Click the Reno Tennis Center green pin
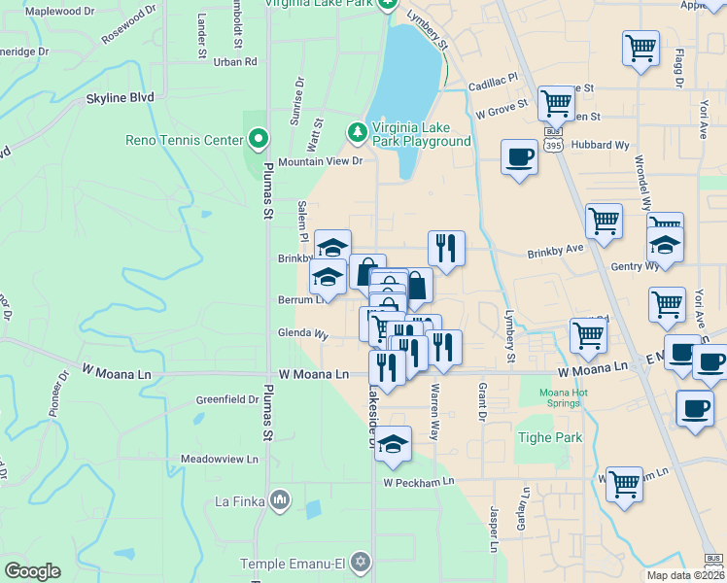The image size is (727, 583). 258,140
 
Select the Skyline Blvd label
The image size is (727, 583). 120,98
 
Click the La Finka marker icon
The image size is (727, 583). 281,501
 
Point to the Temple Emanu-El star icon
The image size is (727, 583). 360,563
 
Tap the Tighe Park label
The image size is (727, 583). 550,437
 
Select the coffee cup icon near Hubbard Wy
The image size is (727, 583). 520,155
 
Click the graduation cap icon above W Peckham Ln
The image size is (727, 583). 393,444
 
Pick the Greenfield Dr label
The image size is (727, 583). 226,399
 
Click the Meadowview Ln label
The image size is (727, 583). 220,459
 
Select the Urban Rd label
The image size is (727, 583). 235,61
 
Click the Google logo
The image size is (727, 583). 32,571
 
